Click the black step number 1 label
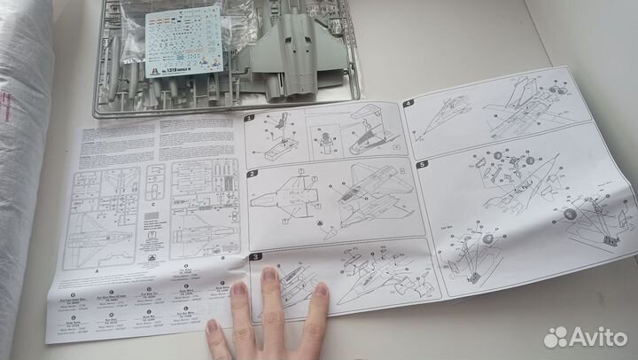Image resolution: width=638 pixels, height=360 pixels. click(x=249, y=118)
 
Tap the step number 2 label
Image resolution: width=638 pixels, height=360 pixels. click(x=253, y=174)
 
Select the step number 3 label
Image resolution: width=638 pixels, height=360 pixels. click(x=256, y=258)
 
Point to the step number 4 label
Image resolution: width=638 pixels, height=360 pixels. click(x=408, y=104)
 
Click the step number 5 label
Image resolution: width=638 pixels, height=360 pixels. click(x=422, y=164)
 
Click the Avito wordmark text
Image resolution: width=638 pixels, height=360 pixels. click(x=598, y=337)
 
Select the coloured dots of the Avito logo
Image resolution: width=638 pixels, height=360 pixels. click(x=556, y=337)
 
